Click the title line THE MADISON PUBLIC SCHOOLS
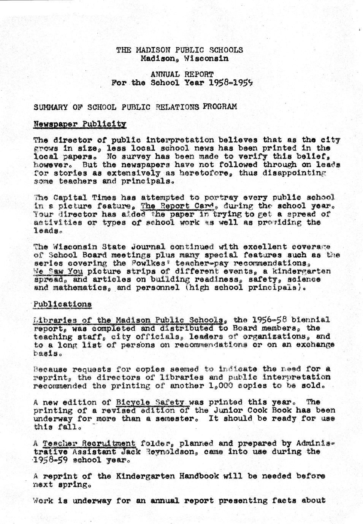pos(179,50)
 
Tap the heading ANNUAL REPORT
pos(182,74)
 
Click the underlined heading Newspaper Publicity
pos(79,124)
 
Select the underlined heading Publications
pos(62,304)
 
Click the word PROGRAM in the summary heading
pos(220,107)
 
